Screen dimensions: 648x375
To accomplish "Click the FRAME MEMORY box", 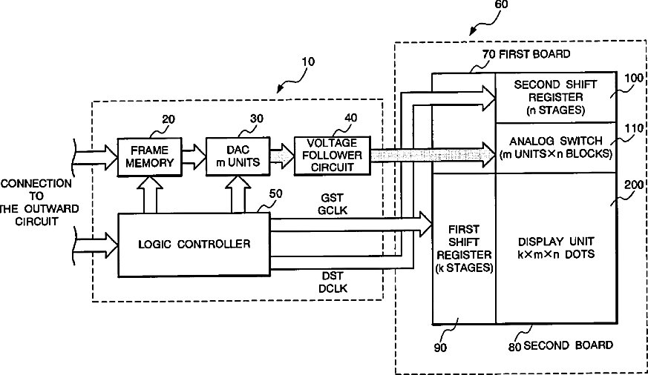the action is (x=150, y=157).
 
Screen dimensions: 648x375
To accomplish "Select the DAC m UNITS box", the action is (x=238, y=156).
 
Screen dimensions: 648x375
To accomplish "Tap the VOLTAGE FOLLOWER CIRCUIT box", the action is (x=333, y=156).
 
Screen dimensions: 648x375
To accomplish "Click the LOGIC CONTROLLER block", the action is (x=194, y=245).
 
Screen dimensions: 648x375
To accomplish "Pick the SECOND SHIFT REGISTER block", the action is (x=556, y=97).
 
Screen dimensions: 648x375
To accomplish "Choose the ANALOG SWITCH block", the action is (x=556, y=147).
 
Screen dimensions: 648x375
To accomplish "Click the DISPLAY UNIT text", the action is (x=556, y=242).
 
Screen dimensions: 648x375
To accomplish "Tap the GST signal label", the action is (x=333, y=198).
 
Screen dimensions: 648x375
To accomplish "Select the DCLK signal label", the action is (x=333, y=288).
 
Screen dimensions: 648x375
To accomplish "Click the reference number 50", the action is (x=275, y=194).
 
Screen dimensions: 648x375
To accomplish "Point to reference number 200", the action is (x=634, y=185).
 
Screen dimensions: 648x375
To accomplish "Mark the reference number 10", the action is (x=308, y=62).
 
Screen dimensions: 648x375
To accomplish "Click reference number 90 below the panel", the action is (x=440, y=348).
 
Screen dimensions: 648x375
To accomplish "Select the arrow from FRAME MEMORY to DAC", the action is (x=194, y=156).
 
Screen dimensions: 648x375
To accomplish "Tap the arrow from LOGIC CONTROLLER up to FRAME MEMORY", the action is (x=150, y=195).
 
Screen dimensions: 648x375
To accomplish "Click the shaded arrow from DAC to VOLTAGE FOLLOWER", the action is (x=282, y=156).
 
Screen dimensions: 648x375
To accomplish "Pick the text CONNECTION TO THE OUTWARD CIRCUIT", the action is (x=37, y=202).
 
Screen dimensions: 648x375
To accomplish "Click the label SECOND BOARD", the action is (x=568, y=345).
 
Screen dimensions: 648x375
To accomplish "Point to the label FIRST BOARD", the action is (x=534, y=54).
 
